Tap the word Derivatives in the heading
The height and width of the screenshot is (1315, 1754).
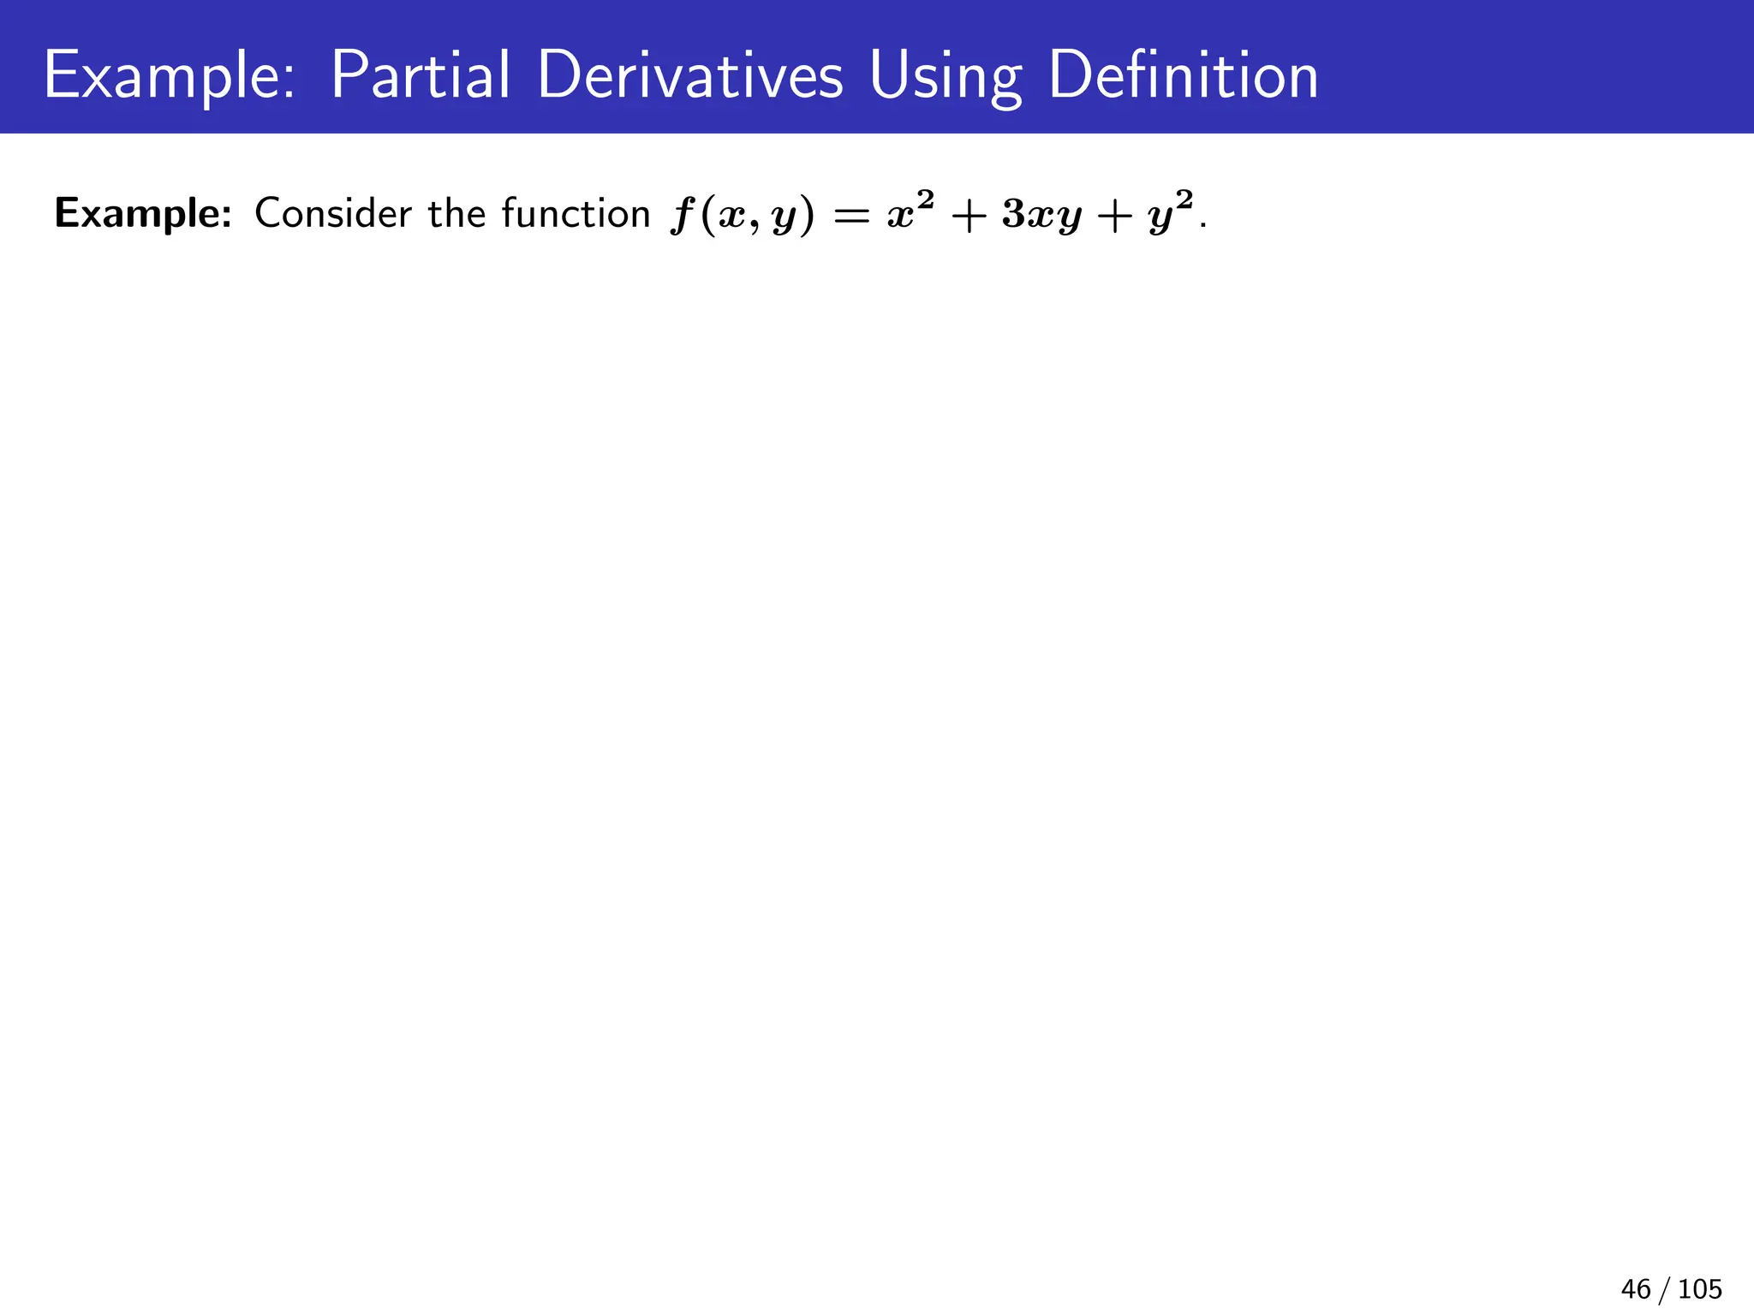point(690,77)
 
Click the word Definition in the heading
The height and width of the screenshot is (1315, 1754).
point(1183,77)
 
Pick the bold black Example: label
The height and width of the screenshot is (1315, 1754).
point(143,214)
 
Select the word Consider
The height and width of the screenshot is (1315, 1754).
point(333,213)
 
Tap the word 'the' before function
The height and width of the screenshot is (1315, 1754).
point(456,213)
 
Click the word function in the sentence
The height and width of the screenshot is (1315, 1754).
point(576,213)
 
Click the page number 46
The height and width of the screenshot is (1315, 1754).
point(1635,1288)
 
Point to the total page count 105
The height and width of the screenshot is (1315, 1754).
point(1700,1288)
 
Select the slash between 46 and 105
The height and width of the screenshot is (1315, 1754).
point(1664,1289)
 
